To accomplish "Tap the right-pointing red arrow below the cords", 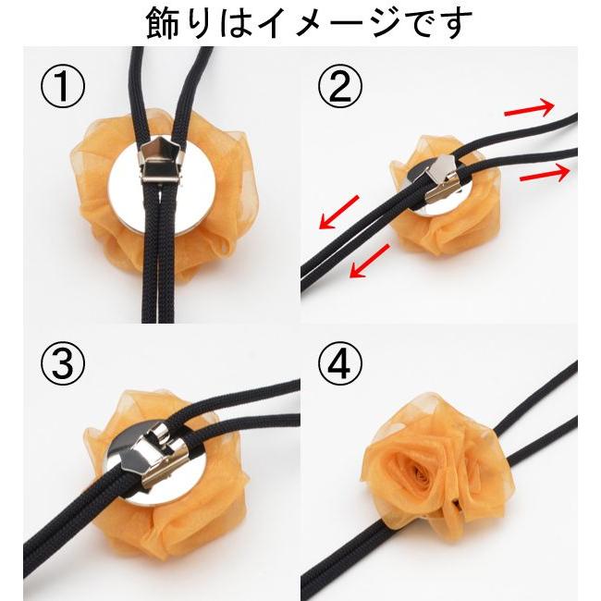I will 544,173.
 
